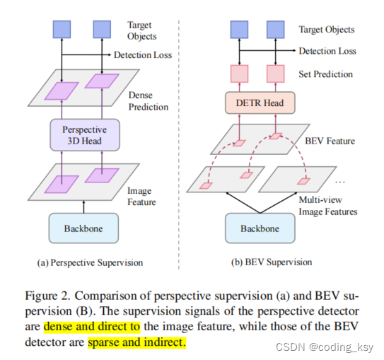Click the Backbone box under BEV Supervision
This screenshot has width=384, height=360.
coord(260,228)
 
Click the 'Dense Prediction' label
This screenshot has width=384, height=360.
coord(149,100)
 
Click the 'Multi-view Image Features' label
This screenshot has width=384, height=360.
coord(328,207)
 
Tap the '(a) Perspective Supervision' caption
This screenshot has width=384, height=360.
coord(90,262)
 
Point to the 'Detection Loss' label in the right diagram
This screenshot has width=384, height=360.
coord(327,51)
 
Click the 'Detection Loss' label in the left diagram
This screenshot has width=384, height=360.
coord(143,54)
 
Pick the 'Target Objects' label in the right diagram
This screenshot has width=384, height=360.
coord(327,30)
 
